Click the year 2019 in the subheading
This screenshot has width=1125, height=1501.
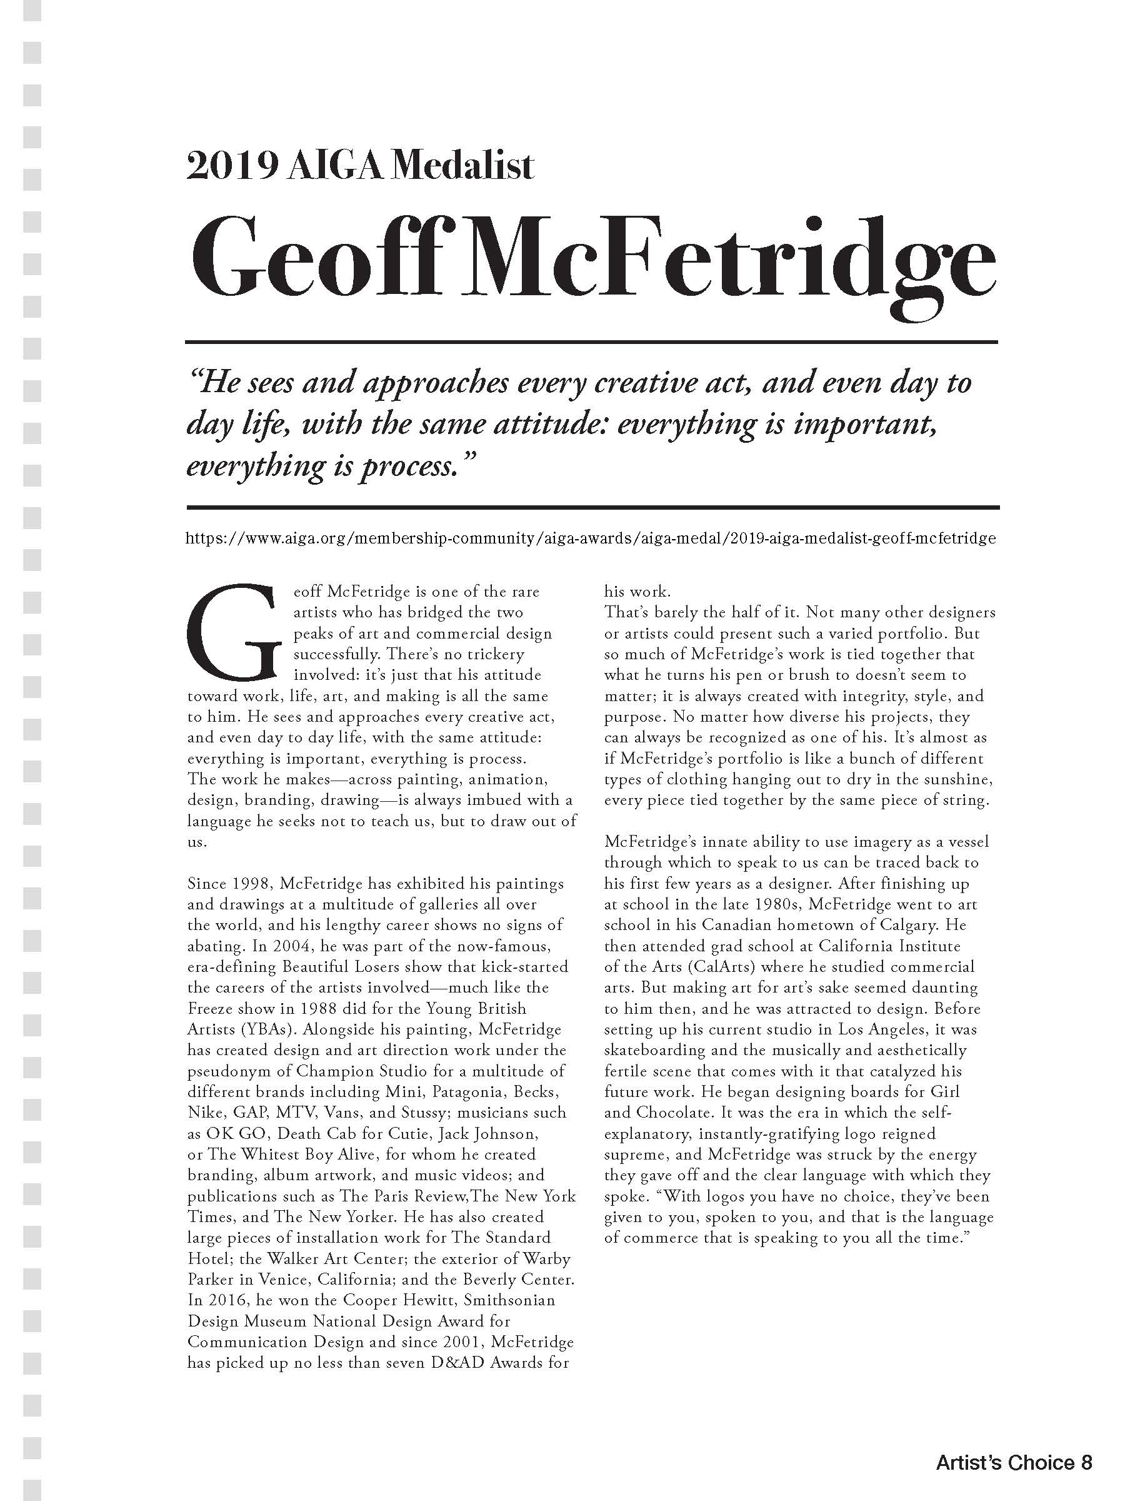point(231,165)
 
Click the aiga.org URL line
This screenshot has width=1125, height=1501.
point(591,538)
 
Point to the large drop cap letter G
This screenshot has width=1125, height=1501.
point(232,632)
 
